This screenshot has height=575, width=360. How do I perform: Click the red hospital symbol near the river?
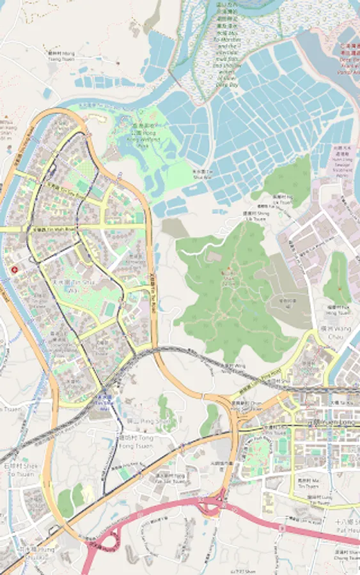13,270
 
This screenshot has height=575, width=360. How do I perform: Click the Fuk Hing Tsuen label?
338,311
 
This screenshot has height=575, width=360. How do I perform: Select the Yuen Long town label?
326,422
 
